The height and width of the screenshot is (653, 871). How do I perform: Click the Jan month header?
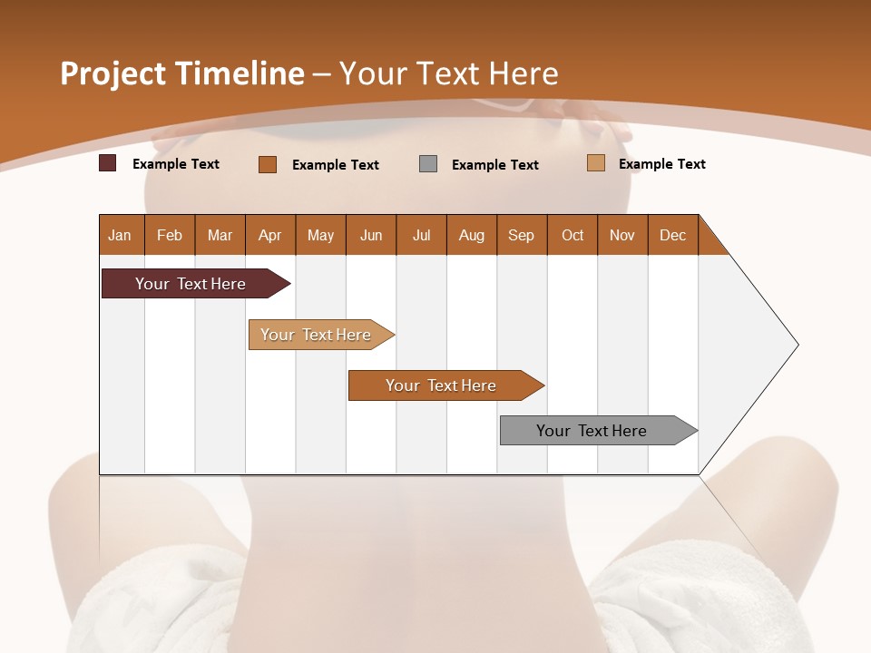coord(120,235)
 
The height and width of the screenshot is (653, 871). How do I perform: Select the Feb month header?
coord(170,235)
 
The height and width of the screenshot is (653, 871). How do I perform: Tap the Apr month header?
coord(270,235)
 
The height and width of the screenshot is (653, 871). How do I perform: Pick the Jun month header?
coord(371,235)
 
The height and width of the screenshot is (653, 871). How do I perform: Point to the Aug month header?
coord(472,235)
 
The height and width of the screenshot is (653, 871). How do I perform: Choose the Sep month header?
coord(522,235)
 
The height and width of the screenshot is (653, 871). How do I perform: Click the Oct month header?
coord(573,235)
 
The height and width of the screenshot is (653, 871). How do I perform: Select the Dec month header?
coord(673,235)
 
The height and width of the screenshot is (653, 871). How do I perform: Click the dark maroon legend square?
coord(108,163)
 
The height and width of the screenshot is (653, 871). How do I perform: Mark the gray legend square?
coord(428,163)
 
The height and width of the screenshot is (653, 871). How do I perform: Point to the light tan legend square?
coord(596,163)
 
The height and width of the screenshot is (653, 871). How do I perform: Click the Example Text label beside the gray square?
coord(495,165)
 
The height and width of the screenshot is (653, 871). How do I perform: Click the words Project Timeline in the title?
coord(182,73)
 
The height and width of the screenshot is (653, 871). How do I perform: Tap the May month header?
coord(320,235)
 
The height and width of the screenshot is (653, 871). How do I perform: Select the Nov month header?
coord(622,235)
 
